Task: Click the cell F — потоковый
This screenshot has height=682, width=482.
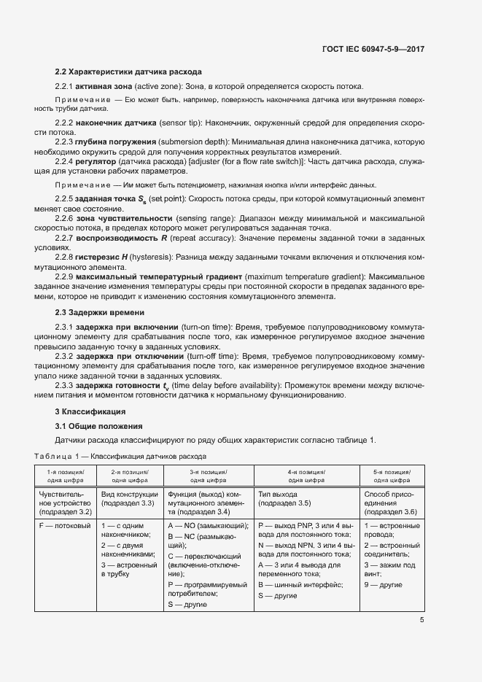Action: (64, 525)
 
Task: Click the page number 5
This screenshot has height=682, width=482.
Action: (422, 621)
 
